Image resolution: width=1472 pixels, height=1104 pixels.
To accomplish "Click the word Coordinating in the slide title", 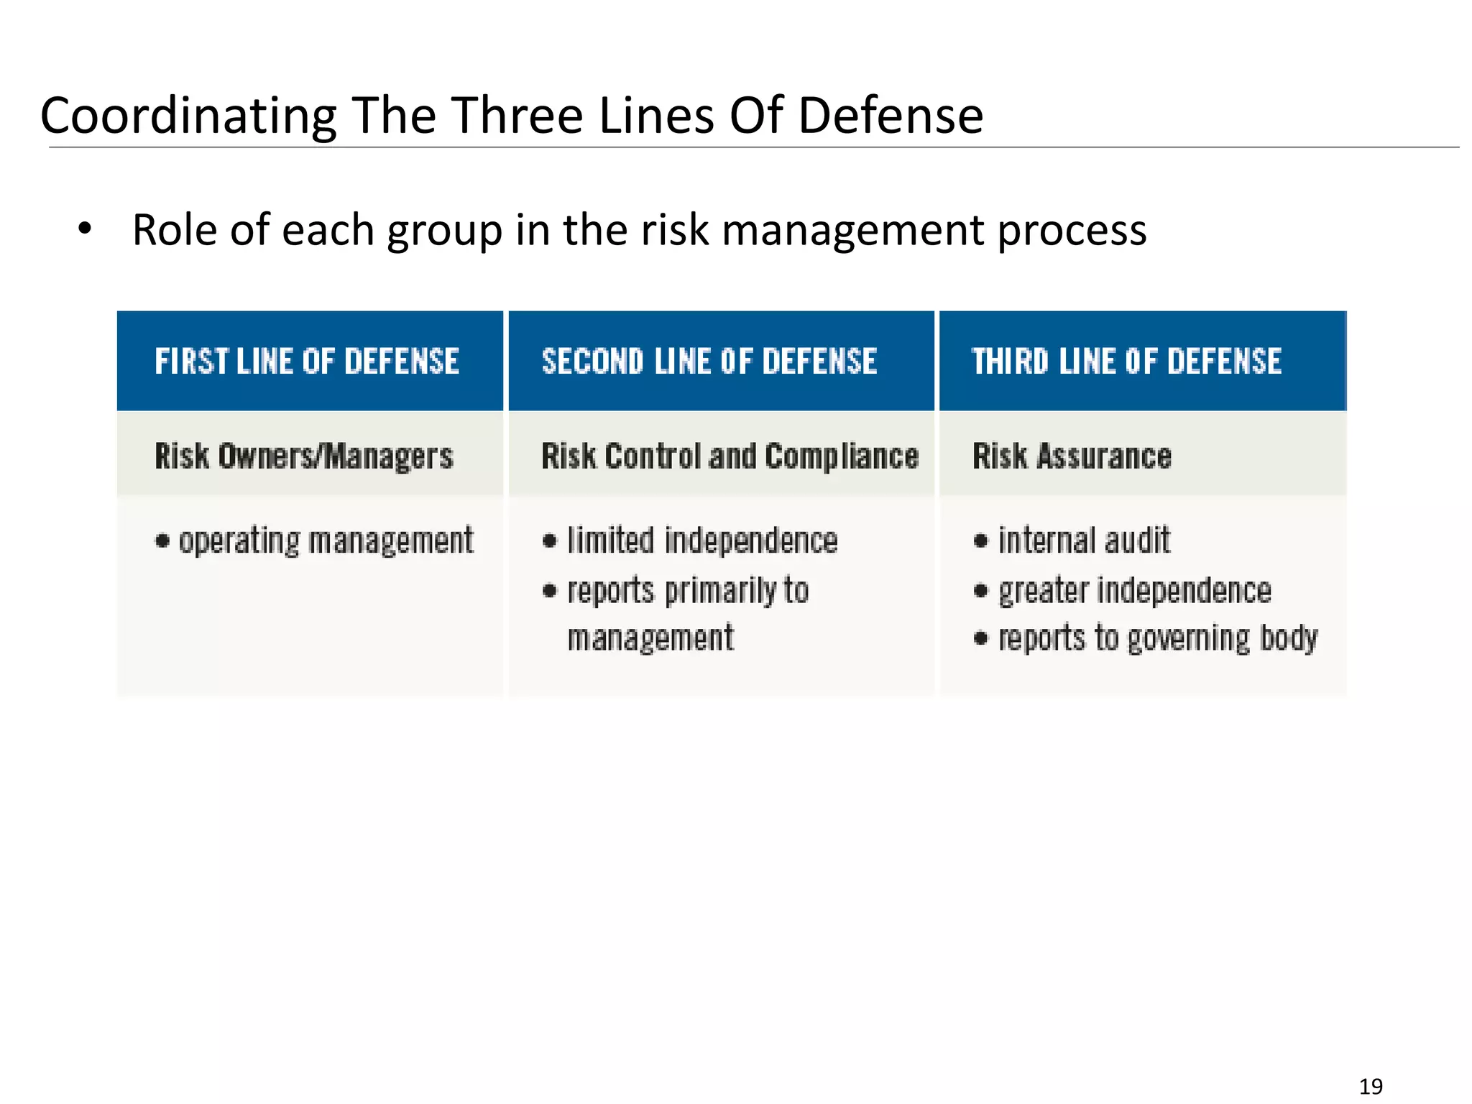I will (188, 116).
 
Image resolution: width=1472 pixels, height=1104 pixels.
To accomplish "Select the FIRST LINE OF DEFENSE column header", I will (307, 361).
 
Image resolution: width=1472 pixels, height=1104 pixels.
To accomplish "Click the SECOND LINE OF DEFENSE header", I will (709, 361).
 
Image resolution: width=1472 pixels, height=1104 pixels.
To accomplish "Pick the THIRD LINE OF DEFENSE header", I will (1126, 361).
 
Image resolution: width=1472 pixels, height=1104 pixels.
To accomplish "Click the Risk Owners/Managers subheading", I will (304, 456).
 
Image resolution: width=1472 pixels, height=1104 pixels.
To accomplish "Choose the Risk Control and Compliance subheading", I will (730, 456).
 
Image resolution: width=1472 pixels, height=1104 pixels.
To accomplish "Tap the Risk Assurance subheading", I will (1072, 456).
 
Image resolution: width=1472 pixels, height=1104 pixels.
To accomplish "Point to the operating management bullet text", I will (326, 541).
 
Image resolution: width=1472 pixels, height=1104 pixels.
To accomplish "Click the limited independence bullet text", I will (702, 540).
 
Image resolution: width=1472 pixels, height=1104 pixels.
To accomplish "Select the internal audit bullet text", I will (1084, 540).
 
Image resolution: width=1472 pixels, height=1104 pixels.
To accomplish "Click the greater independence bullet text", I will (1134, 591).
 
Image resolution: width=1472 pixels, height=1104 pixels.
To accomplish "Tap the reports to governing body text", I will (1158, 638).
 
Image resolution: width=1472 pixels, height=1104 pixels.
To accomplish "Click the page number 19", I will (1371, 1086).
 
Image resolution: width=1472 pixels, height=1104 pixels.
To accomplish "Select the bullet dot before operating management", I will (162, 541).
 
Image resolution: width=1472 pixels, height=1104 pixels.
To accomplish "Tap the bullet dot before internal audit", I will (980, 540).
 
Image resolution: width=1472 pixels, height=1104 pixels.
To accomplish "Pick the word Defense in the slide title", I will (890, 115).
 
